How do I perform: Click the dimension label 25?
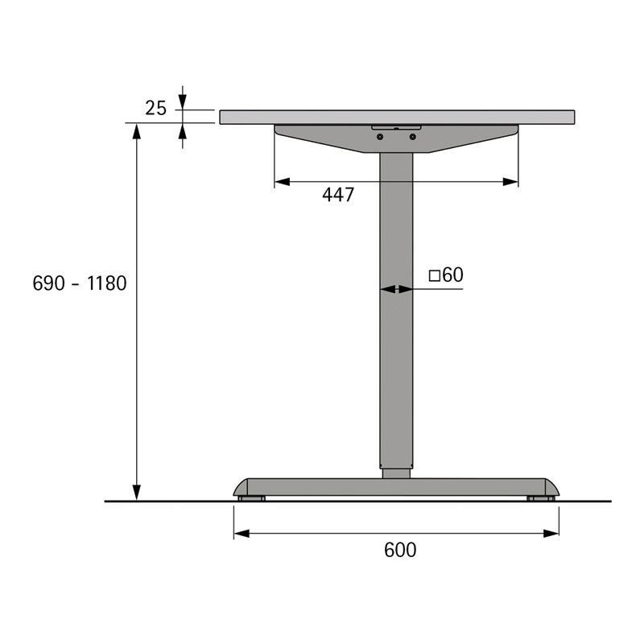(x=155, y=109)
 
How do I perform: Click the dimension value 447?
(x=338, y=195)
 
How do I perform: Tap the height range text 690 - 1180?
(x=80, y=283)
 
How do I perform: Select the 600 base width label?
(x=400, y=550)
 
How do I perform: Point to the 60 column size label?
(x=452, y=275)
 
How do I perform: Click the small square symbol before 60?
(x=435, y=275)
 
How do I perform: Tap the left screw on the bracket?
(x=380, y=136)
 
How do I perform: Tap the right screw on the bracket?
(x=413, y=136)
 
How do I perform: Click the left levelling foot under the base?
(x=251, y=498)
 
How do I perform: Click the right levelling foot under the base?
(x=541, y=498)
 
